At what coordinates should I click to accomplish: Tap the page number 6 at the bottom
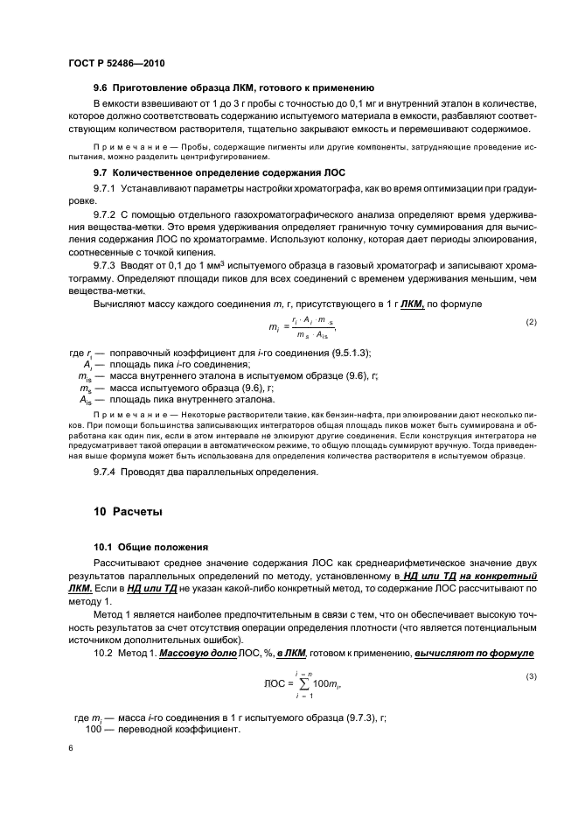point(70,748)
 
